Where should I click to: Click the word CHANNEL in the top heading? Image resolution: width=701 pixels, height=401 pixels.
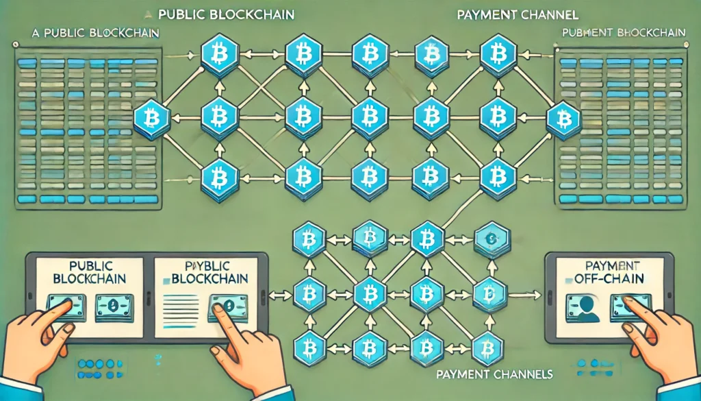coord(548,13)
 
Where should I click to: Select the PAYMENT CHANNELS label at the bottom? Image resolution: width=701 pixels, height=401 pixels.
coord(494,375)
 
